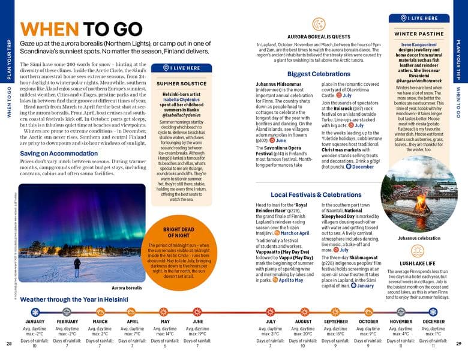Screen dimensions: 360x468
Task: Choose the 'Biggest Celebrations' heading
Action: (319, 74)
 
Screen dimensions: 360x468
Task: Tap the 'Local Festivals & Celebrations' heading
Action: (316, 195)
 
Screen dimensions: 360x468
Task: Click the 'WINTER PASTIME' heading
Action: (418, 34)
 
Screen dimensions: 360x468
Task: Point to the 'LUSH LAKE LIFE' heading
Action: (418, 263)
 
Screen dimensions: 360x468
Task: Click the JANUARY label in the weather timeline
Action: (35, 322)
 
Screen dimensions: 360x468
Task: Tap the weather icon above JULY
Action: (270, 312)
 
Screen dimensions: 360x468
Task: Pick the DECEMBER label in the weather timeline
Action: (433, 322)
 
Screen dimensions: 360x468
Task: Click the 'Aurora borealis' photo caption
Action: (127, 288)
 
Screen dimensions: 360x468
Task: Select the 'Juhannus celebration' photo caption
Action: (418, 238)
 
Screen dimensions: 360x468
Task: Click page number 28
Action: (9, 344)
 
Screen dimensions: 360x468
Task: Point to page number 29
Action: (458, 344)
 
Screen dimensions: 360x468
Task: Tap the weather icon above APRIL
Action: (133, 312)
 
